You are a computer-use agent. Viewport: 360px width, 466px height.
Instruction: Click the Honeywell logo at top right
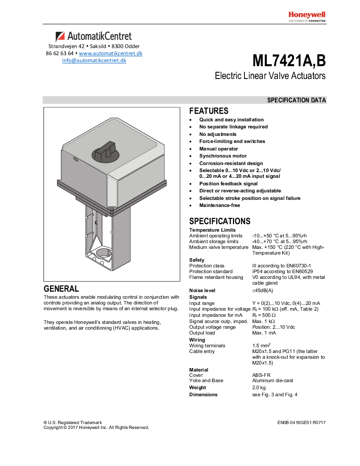307,15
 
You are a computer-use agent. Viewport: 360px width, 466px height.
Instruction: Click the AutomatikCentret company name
94,36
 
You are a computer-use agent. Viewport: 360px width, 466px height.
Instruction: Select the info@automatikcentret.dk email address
94,60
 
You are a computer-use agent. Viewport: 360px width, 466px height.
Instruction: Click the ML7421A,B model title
289,60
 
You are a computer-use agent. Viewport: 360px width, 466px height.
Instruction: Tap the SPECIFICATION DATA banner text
296,100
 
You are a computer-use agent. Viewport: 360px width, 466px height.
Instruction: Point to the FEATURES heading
209,111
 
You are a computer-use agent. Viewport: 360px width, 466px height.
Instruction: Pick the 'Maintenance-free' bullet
219,205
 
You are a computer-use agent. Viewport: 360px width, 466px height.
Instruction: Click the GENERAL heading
61,289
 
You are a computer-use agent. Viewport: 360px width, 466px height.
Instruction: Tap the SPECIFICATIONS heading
220,221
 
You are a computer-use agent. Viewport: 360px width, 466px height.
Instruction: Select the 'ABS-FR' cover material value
261,375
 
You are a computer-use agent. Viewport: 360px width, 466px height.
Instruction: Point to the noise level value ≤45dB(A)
262,290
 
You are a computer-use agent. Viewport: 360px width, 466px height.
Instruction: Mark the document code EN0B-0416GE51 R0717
301,422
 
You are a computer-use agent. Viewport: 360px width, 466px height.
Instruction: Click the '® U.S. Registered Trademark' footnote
73,422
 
